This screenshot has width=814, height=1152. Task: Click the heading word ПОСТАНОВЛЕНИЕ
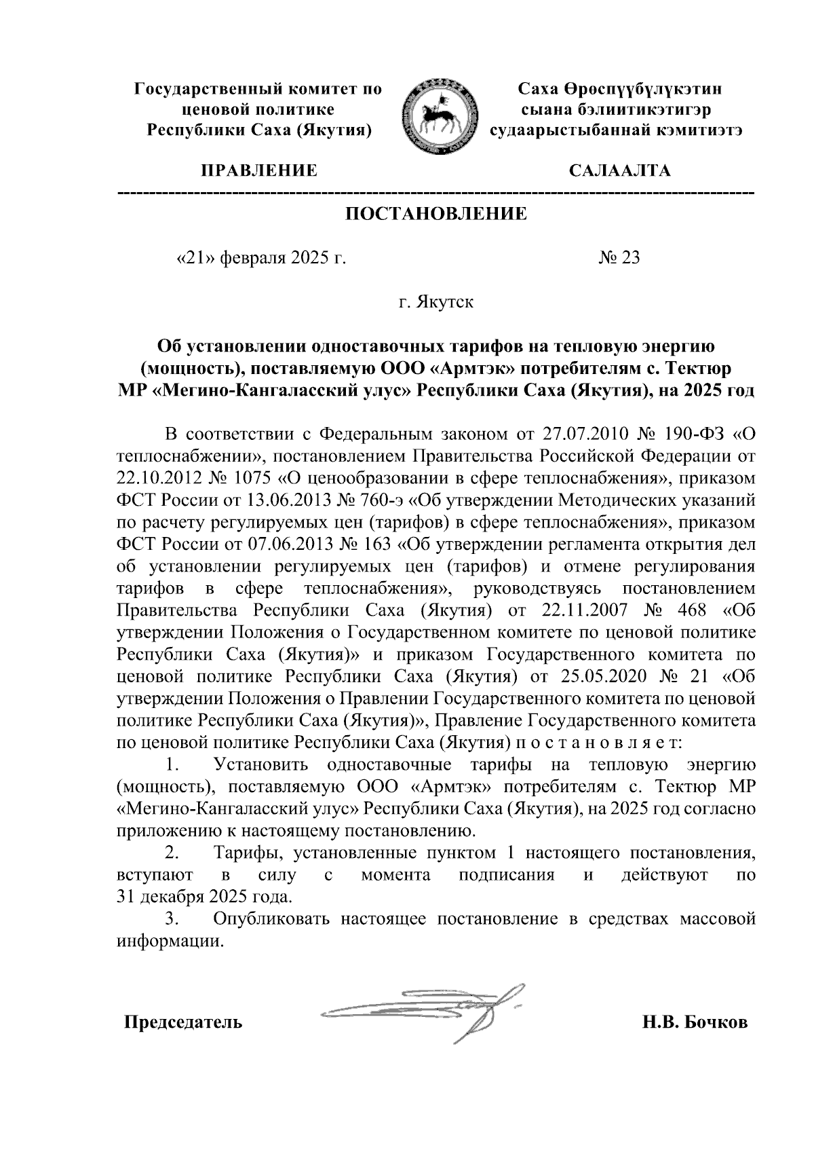[436, 215]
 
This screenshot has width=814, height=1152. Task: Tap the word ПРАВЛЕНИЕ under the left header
[257, 170]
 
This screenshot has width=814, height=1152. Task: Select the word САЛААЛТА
[620, 170]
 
